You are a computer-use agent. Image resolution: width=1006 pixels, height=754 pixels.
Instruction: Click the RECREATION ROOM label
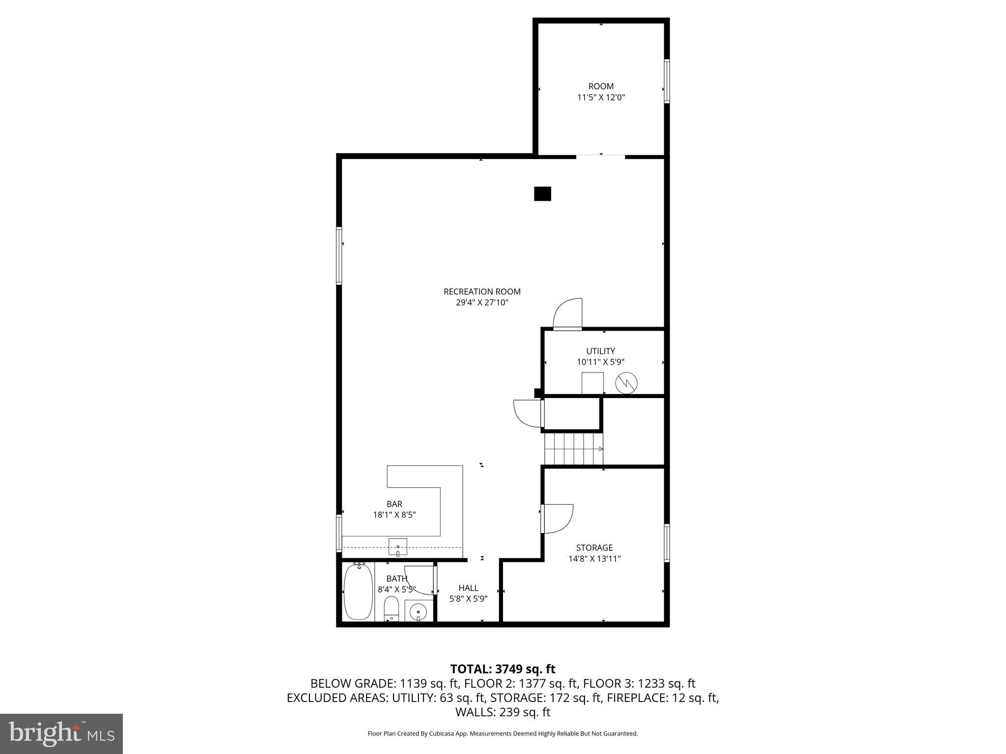coord(482,292)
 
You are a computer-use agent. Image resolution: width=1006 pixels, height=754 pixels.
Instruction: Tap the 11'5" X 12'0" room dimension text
coord(601,97)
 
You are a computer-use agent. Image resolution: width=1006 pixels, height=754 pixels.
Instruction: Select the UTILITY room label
coord(600,351)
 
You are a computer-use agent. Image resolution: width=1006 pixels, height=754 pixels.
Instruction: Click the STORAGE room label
coord(594,547)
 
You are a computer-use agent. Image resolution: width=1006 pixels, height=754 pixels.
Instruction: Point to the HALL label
coord(468,588)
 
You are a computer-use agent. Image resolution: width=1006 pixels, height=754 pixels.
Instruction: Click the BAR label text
coord(394,504)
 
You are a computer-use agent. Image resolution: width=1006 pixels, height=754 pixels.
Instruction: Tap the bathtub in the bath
coord(359,592)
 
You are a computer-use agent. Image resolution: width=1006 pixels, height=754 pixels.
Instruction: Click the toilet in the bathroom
coord(391,609)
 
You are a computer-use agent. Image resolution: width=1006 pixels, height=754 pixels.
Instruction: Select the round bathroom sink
coord(419,612)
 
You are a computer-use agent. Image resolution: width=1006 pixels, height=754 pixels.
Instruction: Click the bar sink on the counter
coord(397,546)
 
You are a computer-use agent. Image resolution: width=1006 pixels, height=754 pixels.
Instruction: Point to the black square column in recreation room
coord(542,194)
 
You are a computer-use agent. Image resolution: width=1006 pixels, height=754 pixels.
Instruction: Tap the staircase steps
coord(573,449)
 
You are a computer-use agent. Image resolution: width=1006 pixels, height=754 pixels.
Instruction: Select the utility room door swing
coord(567,314)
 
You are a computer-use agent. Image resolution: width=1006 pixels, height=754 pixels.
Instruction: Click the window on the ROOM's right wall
coord(667,81)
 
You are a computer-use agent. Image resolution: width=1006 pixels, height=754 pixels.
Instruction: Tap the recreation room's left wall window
coord(339,255)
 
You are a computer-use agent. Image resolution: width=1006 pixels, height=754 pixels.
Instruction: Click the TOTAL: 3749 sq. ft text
coord(503,669)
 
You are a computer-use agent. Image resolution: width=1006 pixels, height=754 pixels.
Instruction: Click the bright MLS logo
coord(61,733)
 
